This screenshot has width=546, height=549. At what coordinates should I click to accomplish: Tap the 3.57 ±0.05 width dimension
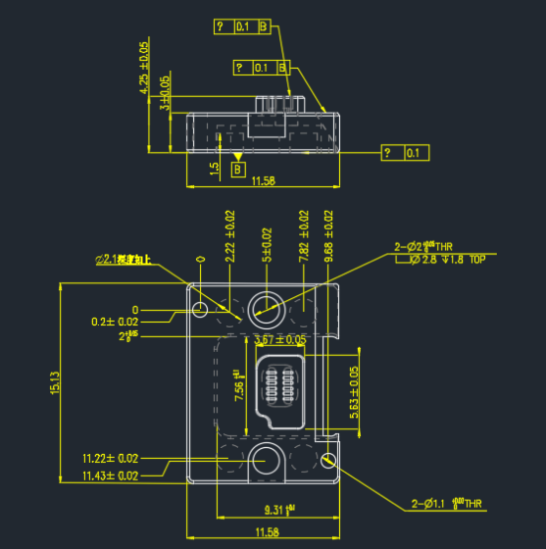coord(279,339)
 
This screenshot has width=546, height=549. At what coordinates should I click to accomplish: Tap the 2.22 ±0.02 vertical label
coord(230,235)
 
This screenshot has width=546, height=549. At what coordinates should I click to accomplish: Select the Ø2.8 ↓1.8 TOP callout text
coord(446,261)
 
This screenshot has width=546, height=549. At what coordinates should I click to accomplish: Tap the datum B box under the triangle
coord(238,170)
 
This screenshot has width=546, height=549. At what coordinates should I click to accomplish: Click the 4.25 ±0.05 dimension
coord(145,69)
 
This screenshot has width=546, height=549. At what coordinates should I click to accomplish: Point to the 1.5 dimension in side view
coord(214,168)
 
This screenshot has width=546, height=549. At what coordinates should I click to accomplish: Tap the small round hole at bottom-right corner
coord(328,459)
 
